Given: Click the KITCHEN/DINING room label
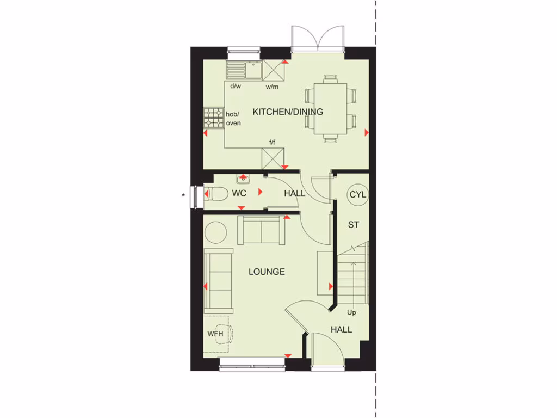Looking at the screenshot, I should point(288,112).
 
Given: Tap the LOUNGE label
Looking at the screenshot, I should point(267,272).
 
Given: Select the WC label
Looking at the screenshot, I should point(239,193).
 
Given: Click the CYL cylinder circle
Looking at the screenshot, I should point(358,194).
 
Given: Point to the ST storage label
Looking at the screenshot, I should point(354,224).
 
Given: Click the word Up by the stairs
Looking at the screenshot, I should point(351,312).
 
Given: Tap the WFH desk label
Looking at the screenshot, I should point(215,334).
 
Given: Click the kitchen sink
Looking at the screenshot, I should point(253,69).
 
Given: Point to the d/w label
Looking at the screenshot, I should point(235,86).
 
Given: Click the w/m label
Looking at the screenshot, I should point(272,87).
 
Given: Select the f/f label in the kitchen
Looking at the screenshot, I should point(271,142).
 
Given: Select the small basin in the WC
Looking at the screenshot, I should point(243,178).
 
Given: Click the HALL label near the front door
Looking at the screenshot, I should point(341,329).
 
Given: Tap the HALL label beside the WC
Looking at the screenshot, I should point(294,193).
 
